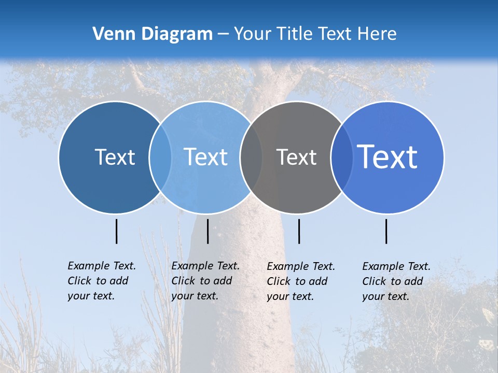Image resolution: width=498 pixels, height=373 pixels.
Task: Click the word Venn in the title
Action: pyautogui.click(x=110, y=34)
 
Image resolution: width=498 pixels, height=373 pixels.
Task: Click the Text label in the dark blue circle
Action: pyautogui.click(x=115, y=157)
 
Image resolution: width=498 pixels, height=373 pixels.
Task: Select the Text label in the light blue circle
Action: pyautogui.click(x=206, y=157)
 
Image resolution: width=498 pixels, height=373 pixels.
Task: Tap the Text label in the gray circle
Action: pyautogui.click(x=296, y=157)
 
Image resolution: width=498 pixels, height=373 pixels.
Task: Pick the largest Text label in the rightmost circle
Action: pyautogui.click(x=388, y=157)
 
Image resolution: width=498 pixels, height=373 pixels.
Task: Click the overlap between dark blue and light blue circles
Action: pyautogui.click(x=160, y=157)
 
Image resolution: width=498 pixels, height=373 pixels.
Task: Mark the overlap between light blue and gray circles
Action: pyautogui.click(x=251, y=157)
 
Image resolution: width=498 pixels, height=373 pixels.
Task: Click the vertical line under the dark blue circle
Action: pyautogui.click(x=117, y=231)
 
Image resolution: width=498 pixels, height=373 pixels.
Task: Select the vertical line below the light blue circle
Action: pyautogui.click(x=208, y=231)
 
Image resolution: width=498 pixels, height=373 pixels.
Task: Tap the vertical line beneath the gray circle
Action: pyautogui.click(x=299, y=231)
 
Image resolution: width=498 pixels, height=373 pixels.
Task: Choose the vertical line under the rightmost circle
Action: pyautogui.click(x=386, y=231)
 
